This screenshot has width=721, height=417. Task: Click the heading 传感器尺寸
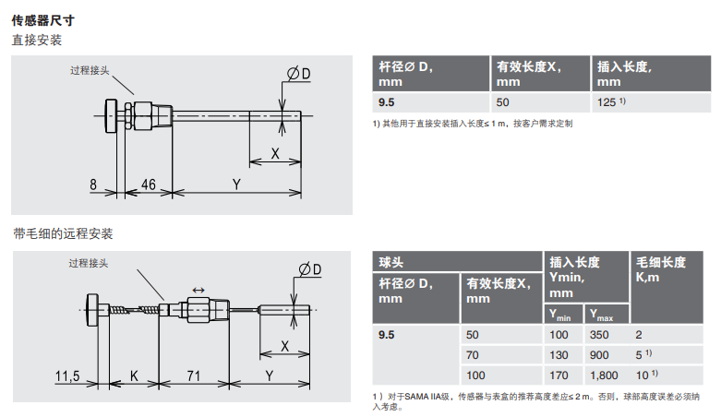(43, 20)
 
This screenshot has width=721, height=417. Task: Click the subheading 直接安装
(36, 41)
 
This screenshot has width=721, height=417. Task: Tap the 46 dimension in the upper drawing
(147, 185)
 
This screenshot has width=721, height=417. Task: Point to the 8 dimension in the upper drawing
(94, 185)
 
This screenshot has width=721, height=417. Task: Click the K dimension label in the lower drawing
(134, 375)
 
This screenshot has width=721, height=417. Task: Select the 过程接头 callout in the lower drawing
(88, 263)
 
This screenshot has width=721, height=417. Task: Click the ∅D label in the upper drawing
(298, 73)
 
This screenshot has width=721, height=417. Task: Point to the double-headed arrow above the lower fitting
(198, 290)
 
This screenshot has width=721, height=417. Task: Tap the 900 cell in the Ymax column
(600, 354)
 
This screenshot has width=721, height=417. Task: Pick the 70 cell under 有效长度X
(475, 354)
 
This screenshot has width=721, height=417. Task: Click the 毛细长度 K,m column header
(660, 269)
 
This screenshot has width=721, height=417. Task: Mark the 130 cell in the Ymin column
(559, 354)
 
